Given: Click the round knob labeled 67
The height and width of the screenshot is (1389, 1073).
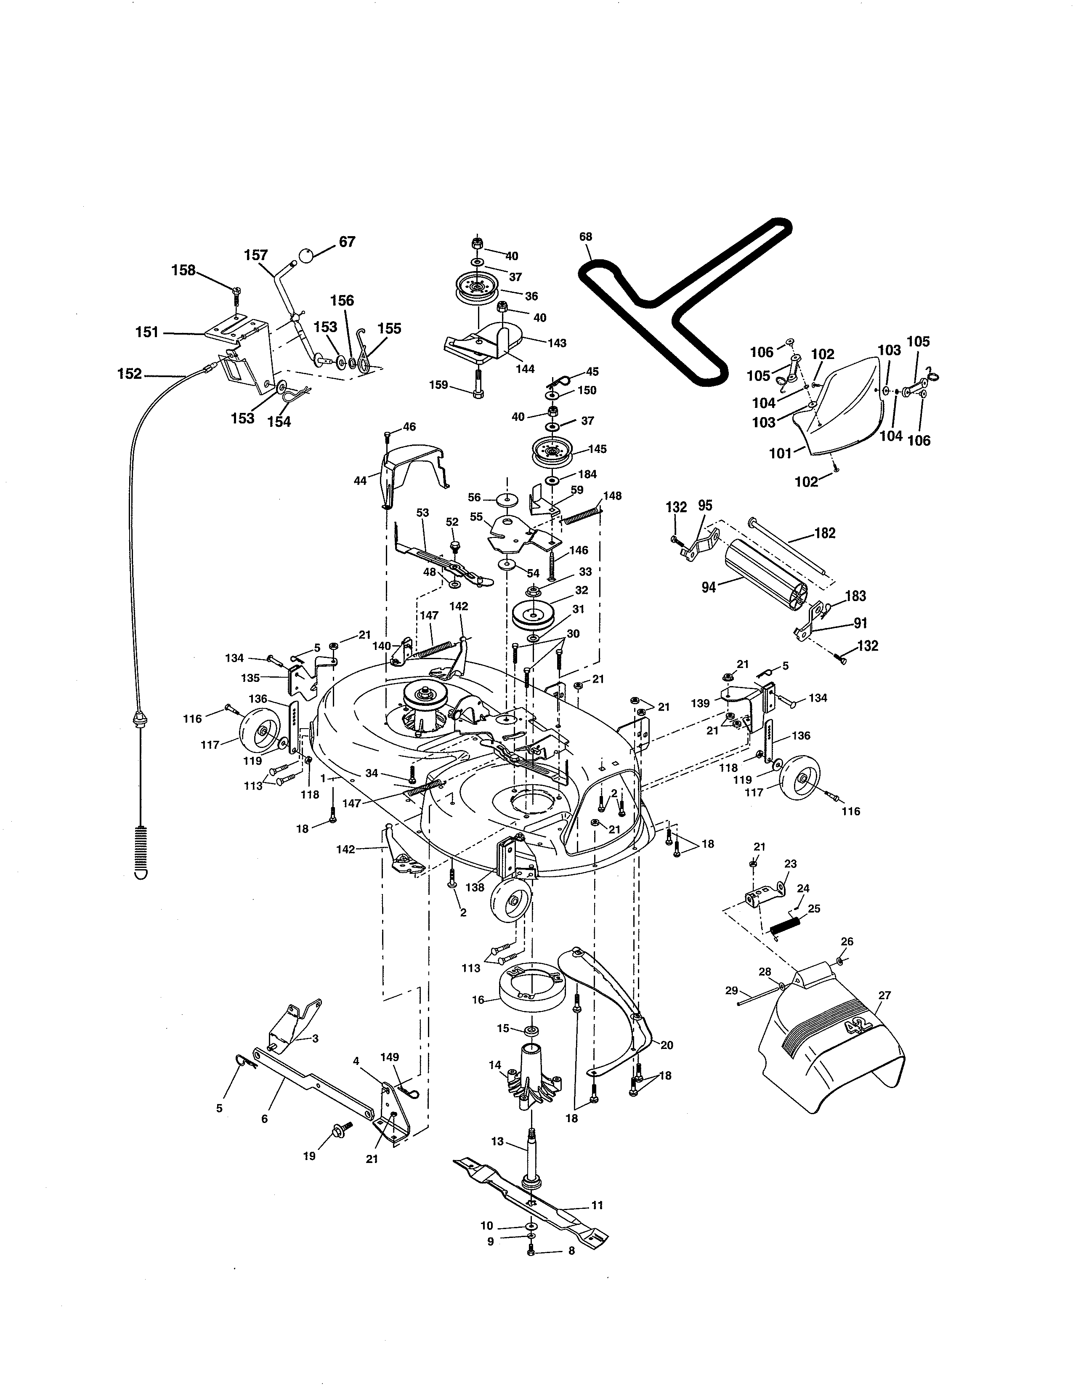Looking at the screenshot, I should pos(306,255).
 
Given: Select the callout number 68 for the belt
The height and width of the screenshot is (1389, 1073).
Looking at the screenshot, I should pos(585,237).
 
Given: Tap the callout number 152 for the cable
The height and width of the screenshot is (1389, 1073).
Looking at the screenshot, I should pos(130,374).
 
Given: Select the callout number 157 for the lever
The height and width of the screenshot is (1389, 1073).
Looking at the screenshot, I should pos(256,255).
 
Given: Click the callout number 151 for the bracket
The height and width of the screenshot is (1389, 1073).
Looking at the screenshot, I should pos(147,332).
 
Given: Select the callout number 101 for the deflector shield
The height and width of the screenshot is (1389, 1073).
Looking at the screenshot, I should pos(781,453).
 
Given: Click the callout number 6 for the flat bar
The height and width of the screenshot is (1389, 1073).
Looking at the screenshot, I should pos(264,1119).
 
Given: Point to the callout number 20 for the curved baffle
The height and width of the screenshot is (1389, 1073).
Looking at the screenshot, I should pos(667,1045).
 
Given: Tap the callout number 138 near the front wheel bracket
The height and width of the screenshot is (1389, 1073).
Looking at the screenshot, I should pos(475,887).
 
